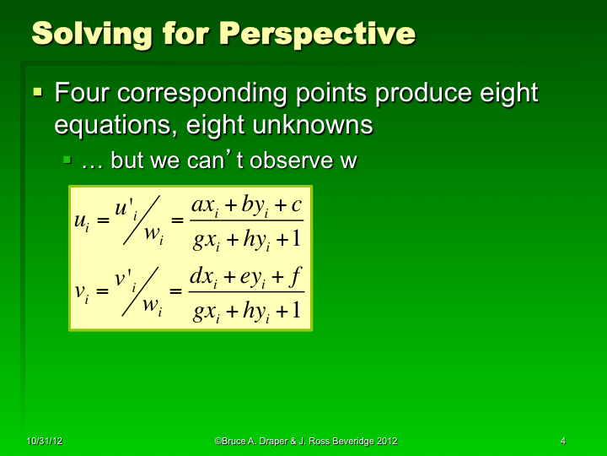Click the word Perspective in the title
click(x=317, y=34)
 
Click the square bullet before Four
click(x=37, y=90)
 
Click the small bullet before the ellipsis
click(x=67, y=159)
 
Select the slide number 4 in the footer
click(x=562, y=441)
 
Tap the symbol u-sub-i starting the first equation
click(x=82, y=221)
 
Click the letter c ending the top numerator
click(x=296, y=205)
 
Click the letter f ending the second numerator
click(x=296, y=276)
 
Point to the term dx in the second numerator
click(x=202, y=277)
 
